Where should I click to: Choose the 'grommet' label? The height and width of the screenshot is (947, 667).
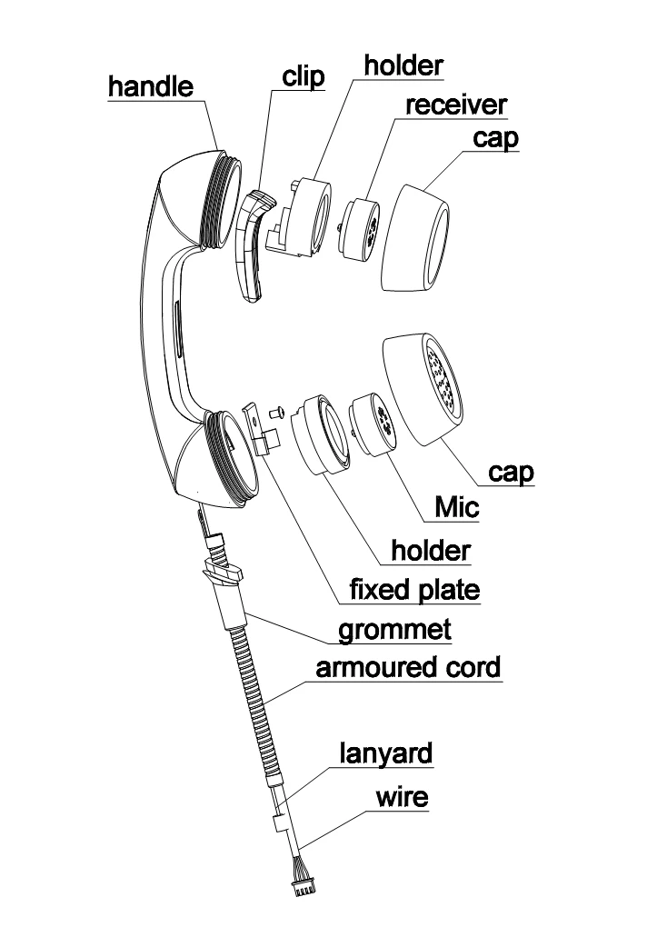pos(395,628)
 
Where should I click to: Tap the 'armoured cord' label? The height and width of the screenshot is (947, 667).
pos(408,667)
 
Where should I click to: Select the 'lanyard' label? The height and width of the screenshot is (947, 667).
pos(386,753)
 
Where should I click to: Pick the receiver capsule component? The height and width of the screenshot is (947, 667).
pos(363,229)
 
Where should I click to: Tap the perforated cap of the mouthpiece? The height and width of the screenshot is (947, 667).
pos(423,389)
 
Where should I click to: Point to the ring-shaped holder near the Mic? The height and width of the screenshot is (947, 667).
pos(321,434)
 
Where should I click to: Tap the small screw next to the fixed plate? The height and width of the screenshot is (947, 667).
pos(279,412)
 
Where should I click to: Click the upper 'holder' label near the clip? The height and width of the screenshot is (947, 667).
pos(403,65)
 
